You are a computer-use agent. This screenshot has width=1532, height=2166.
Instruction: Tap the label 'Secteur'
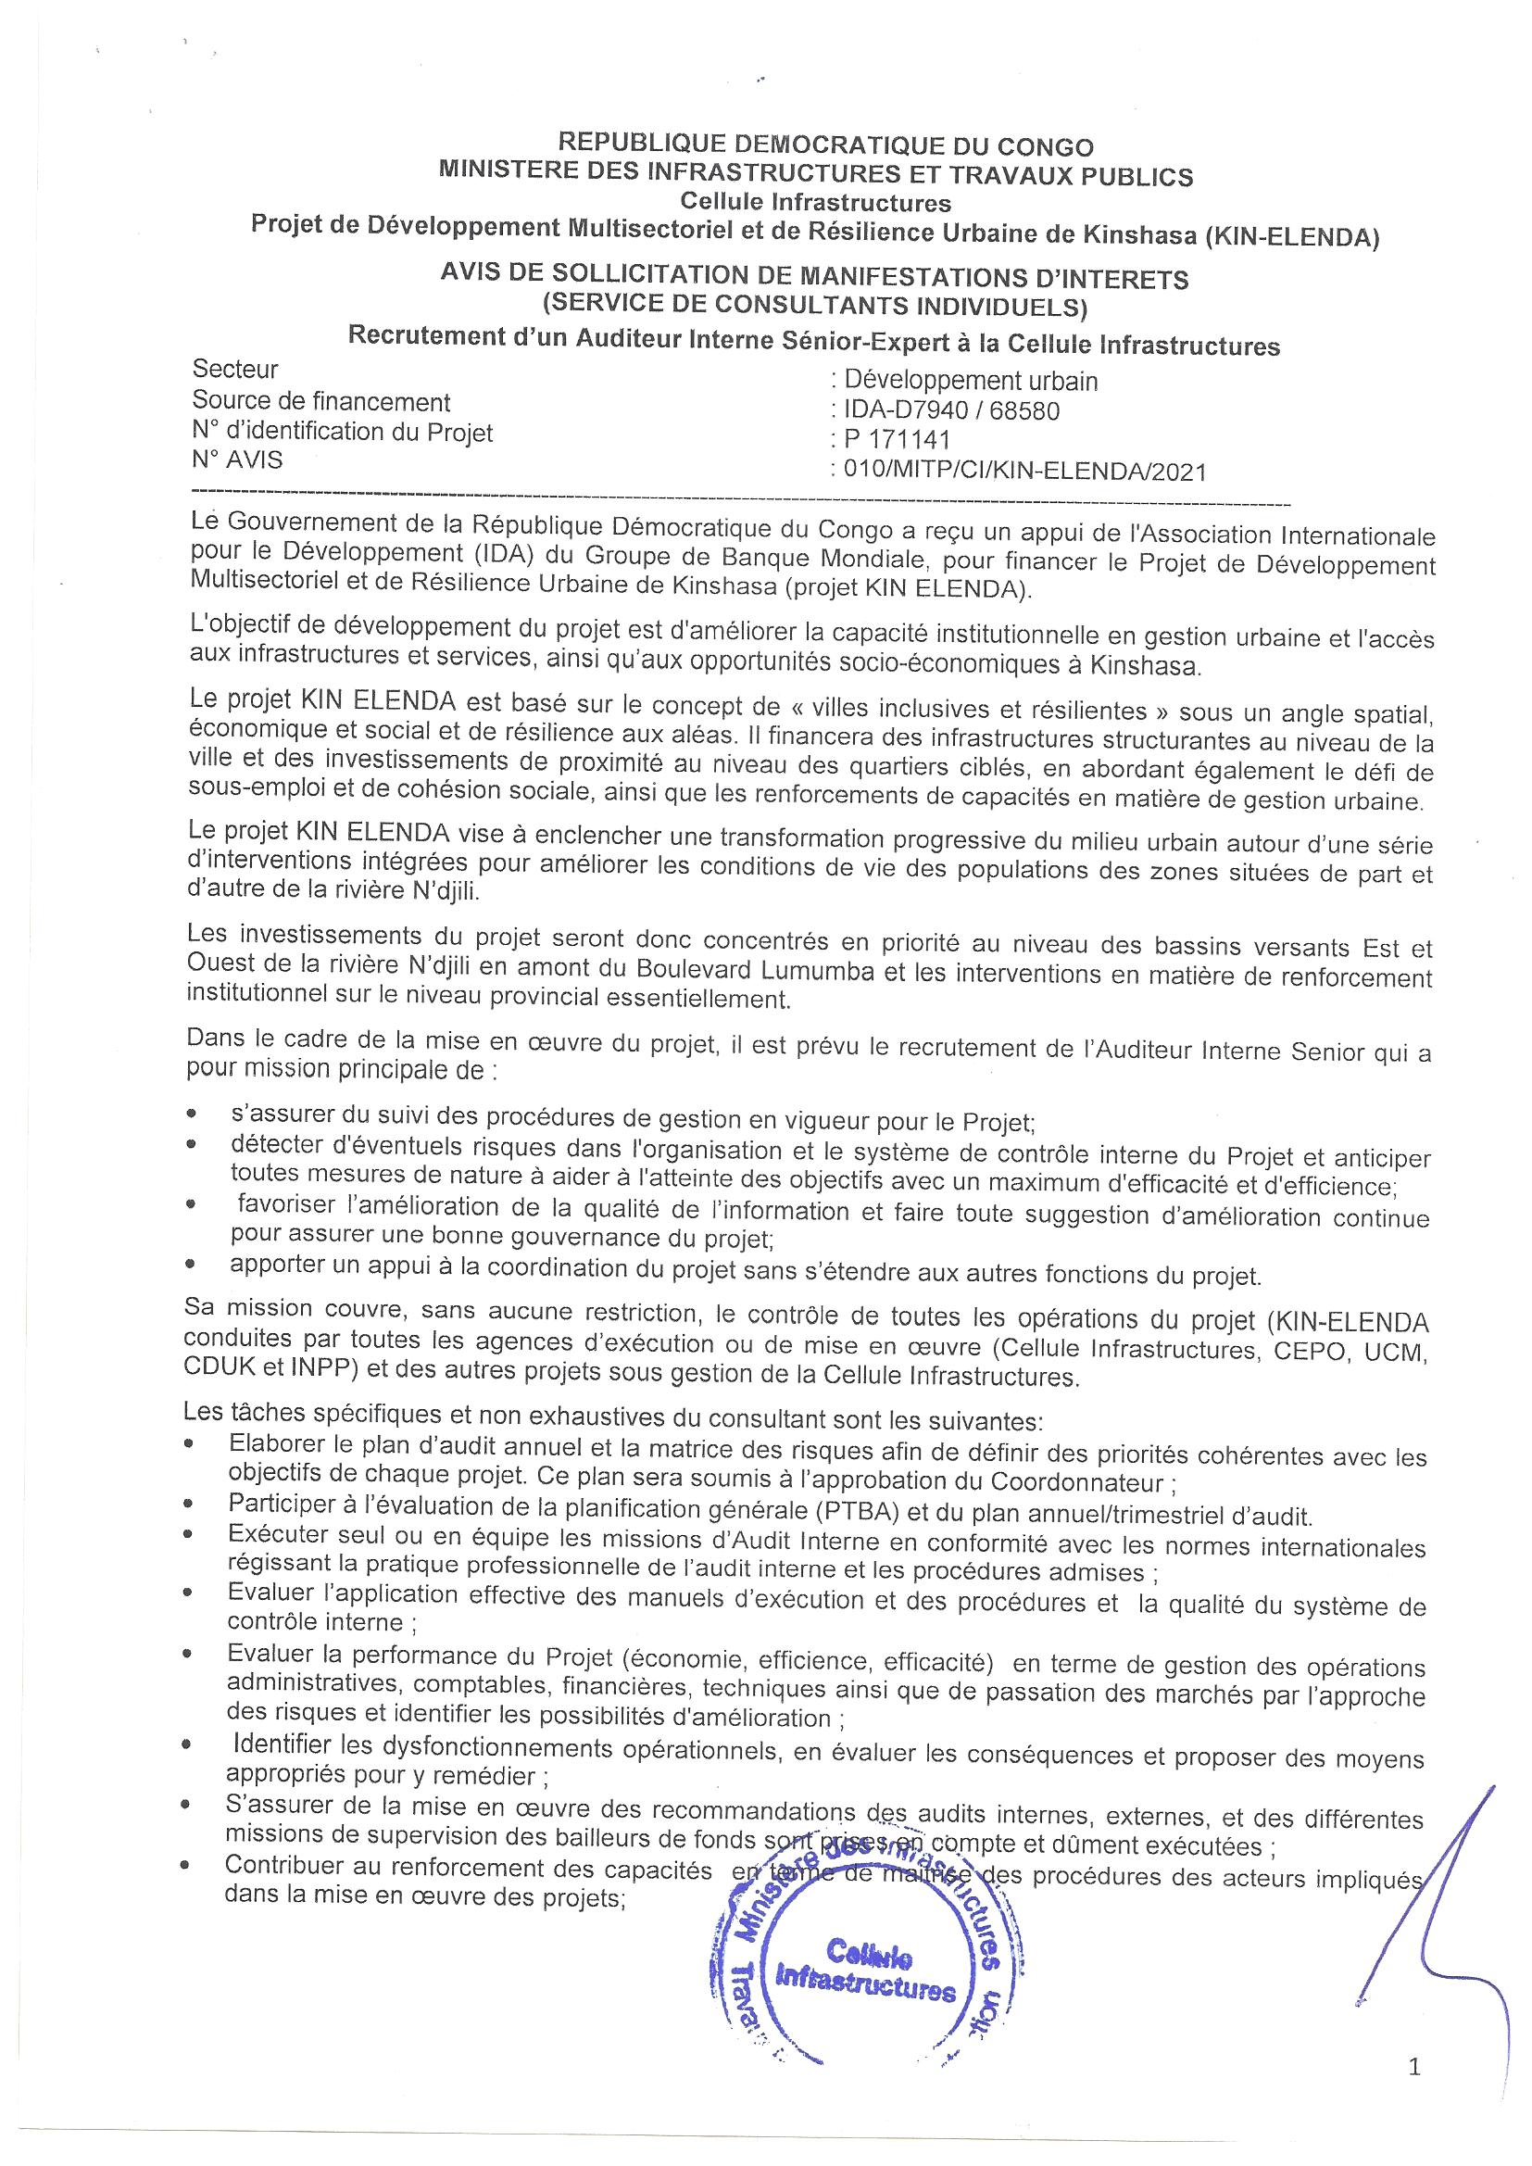pyautogui.click(x=235, y=369)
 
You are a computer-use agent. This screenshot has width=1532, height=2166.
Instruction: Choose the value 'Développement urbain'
pyautogui.click(x=971, y=381)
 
